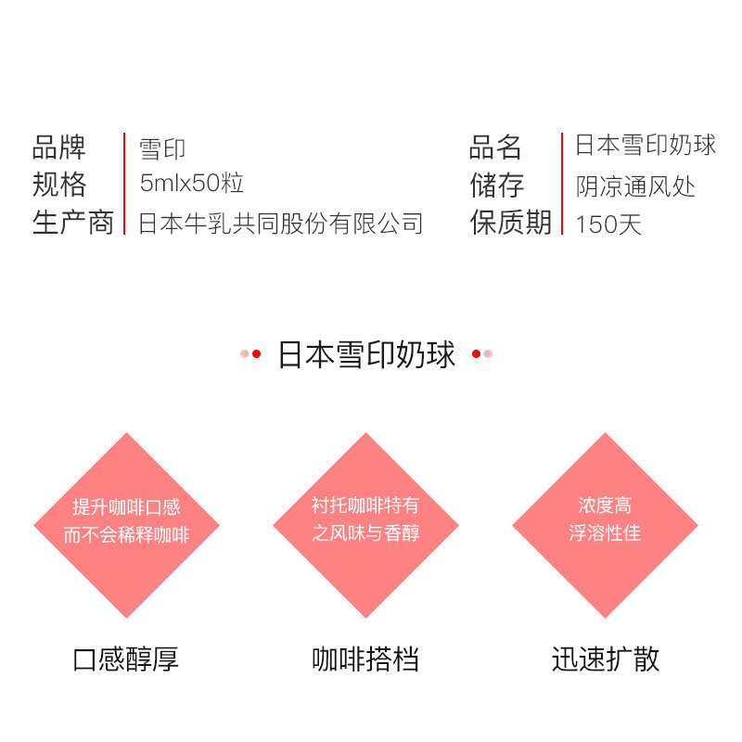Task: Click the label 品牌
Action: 58,147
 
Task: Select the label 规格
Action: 58,185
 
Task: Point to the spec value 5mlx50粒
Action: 192,184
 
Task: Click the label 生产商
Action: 72,223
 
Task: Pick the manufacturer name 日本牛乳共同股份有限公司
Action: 280,224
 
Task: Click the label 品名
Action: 496,147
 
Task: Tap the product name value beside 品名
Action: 646,146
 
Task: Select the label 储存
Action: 496,185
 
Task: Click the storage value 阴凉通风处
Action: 635,186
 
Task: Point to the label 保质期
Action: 510,223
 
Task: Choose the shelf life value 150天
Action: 608,224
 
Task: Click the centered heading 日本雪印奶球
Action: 367,355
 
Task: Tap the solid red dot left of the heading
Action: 257,354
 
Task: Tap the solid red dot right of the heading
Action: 477,354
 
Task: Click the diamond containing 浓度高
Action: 605,525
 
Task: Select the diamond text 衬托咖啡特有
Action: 365,506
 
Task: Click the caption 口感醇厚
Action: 125,659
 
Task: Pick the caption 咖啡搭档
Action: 365,659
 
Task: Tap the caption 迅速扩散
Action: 605,659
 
